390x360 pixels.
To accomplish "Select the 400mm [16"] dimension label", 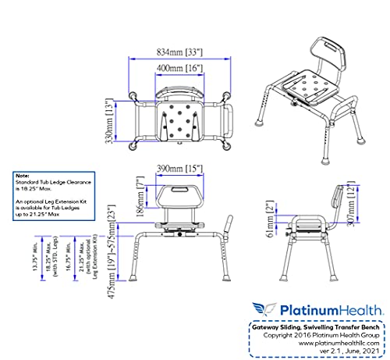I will coord(174,70).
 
